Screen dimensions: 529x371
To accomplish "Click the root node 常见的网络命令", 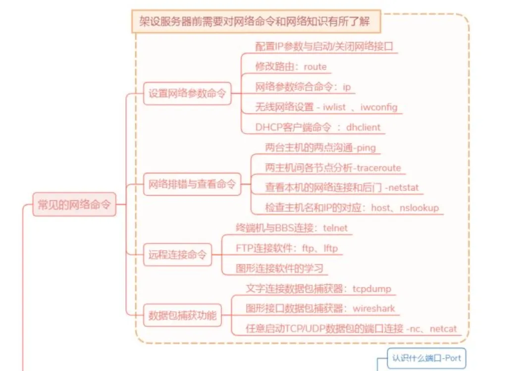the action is (74, 204).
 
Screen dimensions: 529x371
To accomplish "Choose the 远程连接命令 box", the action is (177, 256).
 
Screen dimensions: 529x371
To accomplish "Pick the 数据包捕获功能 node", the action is (183, 315).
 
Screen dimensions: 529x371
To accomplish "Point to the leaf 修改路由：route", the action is (291, 66).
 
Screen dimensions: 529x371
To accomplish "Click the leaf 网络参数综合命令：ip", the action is (303, 87).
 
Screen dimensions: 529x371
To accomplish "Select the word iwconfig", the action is (378, 107).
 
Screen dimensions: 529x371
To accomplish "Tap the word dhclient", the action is (363, 127).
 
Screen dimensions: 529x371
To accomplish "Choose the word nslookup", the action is (419, 208).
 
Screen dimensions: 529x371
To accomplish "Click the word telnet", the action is (335, 228).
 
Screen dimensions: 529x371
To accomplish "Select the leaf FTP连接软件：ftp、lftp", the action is (287, 248).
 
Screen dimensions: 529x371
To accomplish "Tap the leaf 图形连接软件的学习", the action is (280, 268).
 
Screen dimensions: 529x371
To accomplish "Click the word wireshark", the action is (373, 308).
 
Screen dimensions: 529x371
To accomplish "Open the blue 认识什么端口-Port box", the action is (426, 358).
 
